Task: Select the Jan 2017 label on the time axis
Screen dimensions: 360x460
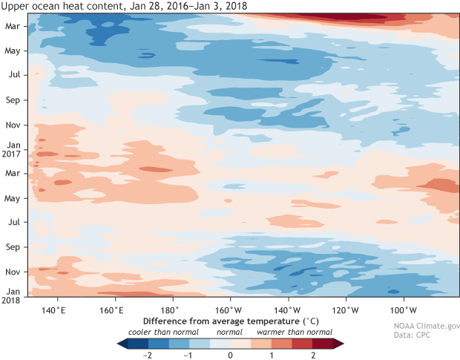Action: click(x=13, y=149)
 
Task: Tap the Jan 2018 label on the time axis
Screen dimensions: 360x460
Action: click(x=13, y=296)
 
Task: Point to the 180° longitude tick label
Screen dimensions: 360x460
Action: click(x=170, y=309)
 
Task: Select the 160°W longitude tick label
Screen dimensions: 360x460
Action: click(x=229, y=309)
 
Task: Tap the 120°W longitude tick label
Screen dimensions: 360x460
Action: click(x=346, y=309)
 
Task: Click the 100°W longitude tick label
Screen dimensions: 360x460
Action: click(x=404, y=309)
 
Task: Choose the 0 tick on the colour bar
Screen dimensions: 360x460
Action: click(x=230, y=356)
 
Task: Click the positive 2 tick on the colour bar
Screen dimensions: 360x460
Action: click(x=312, y=356)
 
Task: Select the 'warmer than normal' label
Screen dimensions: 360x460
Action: click(x=295, y=332)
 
